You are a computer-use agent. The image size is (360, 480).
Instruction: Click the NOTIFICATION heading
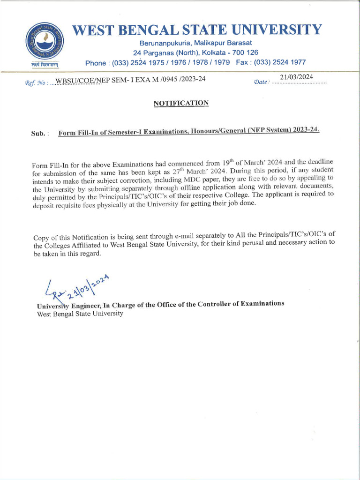click(x=181, y=103)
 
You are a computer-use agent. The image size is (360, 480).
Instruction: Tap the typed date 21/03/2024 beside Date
click(x=296, y=77)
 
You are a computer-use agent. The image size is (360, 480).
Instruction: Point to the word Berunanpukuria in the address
click(x=155, y=43)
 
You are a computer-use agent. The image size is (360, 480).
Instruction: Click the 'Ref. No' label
click(x=36, y=83)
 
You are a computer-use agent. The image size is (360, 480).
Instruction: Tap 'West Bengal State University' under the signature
click(x=80, y=314)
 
